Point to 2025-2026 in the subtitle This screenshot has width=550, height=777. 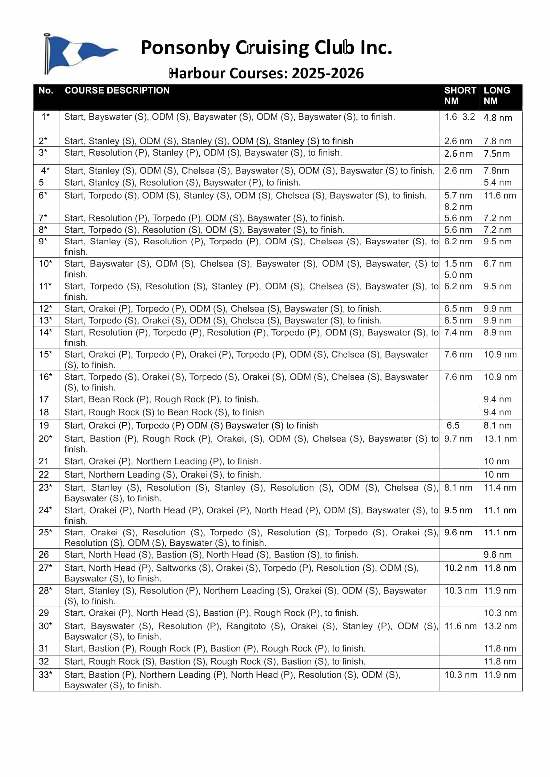click(328, 73)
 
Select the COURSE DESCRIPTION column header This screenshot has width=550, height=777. click(117, 90)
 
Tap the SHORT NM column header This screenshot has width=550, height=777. click(460, 95)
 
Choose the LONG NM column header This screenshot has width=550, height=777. click(496, 95)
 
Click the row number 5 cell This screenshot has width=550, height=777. click(41, 183)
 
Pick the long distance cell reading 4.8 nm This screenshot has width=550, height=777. click(497, 118)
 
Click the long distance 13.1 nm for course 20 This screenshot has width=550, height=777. click(500, 438)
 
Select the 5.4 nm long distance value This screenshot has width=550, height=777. click(497, 183)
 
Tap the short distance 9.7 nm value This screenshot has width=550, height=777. click(458, 438)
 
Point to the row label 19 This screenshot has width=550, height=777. click(44, 426)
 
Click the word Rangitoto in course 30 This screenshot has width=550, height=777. click(246, 626)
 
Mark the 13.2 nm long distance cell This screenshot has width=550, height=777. click(500, 626)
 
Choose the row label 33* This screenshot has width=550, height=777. click(45, 675)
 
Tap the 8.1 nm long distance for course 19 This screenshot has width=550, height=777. click(497, 426)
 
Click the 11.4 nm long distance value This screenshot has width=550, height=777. click(500, 488)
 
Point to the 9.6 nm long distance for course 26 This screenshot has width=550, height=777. click(497, 555)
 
